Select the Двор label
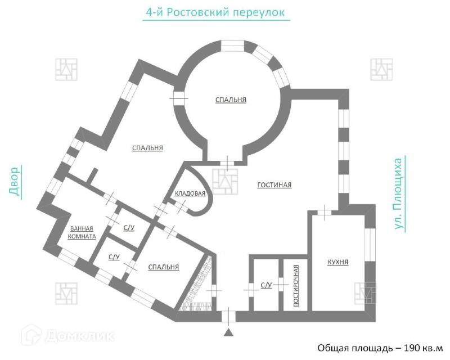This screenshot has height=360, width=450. point(14,181)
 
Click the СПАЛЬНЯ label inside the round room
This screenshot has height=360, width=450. point(231,100)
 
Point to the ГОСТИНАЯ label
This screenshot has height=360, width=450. point(274,185)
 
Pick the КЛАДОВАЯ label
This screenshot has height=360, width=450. point(190,193)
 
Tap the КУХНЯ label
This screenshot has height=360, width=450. point(337,262)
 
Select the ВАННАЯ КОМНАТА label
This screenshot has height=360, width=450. point(82,232)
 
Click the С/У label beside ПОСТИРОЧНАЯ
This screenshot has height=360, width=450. point(266,286)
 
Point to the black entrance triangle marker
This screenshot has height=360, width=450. point(228,333)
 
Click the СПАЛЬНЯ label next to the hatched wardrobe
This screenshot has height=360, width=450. point(163,267)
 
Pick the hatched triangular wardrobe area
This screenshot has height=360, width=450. point(200,287)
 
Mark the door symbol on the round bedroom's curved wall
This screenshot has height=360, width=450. point(179,97)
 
